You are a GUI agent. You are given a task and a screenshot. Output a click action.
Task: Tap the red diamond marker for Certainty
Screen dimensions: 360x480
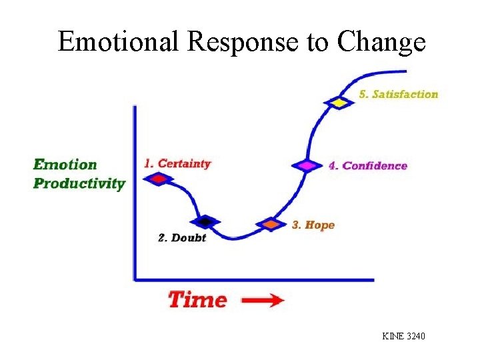coord(159,179)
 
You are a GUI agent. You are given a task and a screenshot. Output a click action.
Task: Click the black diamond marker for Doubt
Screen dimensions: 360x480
coord(206,221)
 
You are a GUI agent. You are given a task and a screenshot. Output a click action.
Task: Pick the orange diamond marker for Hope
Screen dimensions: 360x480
coord(271,225)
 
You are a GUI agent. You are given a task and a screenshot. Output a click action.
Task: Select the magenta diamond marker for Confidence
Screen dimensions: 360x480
coord(307,165)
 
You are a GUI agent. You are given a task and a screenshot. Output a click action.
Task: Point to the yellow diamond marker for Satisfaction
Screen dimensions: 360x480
coord(339,103)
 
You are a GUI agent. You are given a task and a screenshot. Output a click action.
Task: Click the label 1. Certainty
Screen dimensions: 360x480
coord(177,163)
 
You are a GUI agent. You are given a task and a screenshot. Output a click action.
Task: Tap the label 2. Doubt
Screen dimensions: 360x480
coord(182,238)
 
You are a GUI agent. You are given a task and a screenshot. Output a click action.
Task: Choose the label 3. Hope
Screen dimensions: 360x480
coord(313,225)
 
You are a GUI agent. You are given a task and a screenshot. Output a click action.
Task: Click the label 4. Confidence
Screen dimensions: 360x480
coord(367,165)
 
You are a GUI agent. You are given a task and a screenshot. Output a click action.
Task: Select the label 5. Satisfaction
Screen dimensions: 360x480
coord(399,94)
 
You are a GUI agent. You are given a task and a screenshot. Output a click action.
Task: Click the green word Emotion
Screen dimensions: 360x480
coord(65,164)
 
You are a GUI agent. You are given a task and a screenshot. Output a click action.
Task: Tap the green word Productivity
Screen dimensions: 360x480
coord(79,183)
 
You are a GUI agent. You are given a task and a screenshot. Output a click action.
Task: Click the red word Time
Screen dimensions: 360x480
coord(197,299)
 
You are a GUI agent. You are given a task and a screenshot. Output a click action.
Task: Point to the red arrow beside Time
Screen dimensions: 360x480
coord(262,301)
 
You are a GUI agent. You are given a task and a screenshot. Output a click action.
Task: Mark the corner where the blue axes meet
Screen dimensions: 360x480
coord(136,279)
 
